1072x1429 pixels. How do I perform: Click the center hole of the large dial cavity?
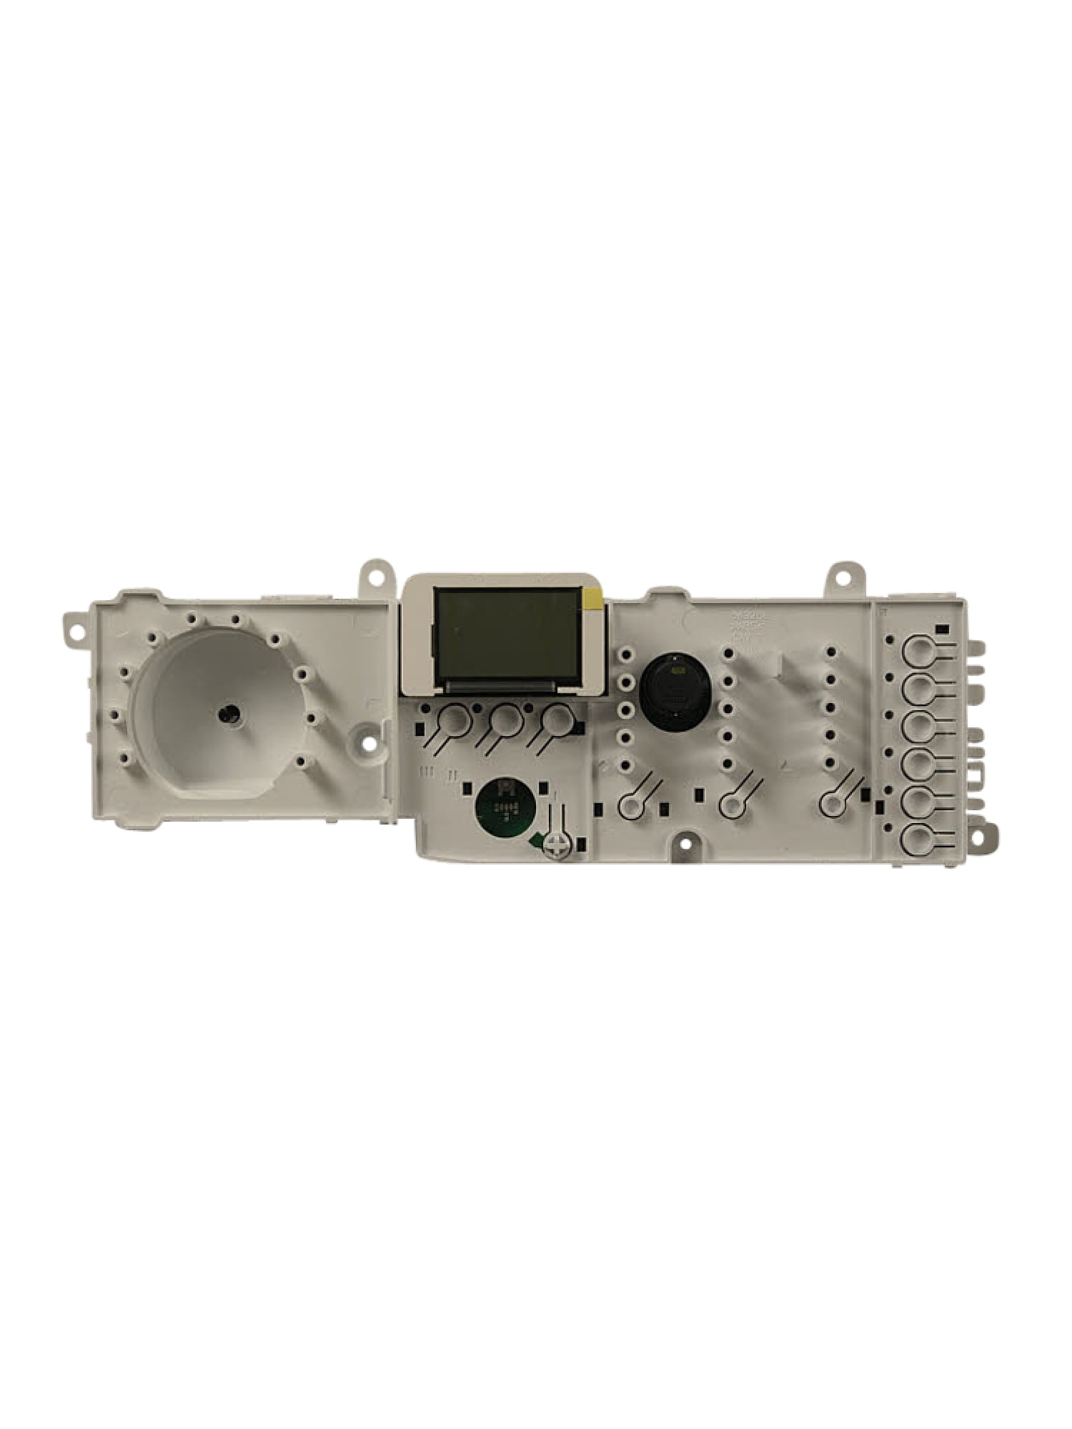click(228, 712)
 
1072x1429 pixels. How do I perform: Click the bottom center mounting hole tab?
click(685, 844)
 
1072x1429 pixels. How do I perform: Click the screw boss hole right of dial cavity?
click(369, 742)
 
